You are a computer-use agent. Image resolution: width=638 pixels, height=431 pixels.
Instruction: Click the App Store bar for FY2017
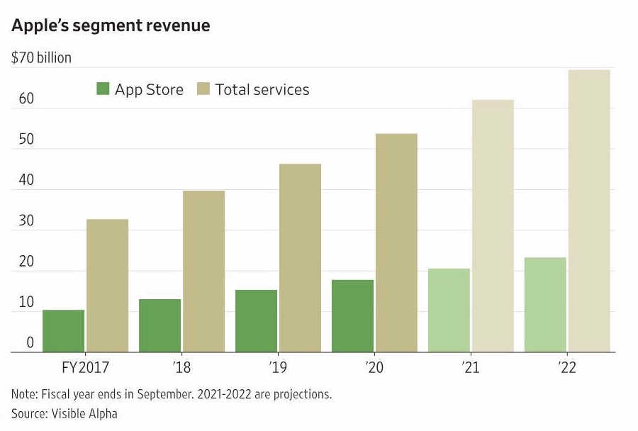[x=63, y=331]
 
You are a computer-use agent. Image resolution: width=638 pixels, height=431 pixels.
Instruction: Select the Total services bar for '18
[x=203, y=272]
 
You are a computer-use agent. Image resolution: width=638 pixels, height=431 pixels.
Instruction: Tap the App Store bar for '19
[x=256, y=321]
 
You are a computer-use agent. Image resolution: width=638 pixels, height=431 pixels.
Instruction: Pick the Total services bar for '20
[x=396, y=243]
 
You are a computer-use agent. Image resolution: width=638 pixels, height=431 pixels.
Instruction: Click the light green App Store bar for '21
[x=449, y=310]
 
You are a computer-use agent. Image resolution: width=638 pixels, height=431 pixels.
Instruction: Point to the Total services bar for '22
[x=588, y=211]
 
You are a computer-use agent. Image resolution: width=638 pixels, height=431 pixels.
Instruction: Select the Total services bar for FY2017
[x=107, y=286]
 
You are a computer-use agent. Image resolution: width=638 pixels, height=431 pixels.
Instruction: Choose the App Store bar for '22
[x=545, y=305]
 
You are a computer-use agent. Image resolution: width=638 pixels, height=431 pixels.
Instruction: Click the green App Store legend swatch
[x=103, y=89]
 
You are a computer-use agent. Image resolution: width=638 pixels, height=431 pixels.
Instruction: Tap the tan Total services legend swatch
[x=203, y=89]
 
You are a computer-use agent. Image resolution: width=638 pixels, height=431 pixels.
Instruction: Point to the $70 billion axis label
[x=41, y=57]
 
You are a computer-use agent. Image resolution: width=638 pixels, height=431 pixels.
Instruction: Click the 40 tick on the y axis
[x=26, y=180]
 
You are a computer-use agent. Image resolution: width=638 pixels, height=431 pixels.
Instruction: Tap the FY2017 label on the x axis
[x=85, y=369]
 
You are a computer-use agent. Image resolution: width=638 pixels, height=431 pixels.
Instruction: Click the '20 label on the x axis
[x=374, y=369]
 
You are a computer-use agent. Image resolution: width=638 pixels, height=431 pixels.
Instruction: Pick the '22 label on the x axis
[x=566, y=369]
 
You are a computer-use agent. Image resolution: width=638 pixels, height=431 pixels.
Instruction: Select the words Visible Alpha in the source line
[x=85, y=413]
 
